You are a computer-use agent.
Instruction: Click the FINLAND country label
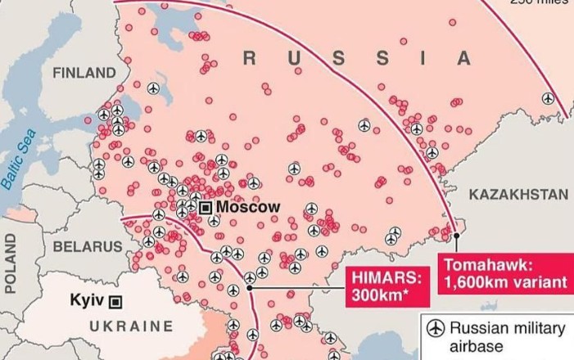pos(84,73)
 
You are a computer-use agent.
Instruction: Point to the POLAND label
pos(11,263)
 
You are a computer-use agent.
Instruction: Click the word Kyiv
pos(87,300)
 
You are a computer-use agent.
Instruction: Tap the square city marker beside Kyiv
pos(115,301)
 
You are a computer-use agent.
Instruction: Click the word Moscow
pos(248,207)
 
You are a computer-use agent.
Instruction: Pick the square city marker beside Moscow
pos(205,208)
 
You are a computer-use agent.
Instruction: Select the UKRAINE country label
pos(131,326)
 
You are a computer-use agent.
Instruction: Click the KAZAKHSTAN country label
pos(518,194)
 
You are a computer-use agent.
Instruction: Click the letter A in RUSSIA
pos(464,58)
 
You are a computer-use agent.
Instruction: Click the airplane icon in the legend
pos(436,328)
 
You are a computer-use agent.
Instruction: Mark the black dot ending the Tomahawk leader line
pos(457,236)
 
